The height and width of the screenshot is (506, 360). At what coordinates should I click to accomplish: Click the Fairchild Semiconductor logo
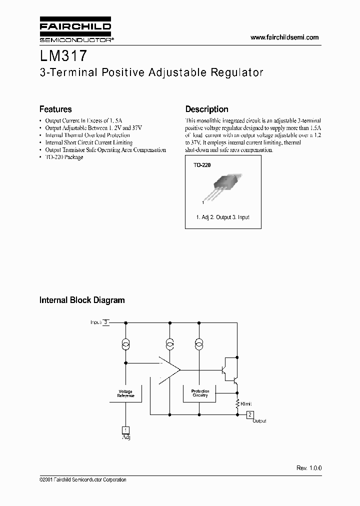tap(75, 31)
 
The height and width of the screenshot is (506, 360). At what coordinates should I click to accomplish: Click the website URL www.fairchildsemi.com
tap(284, 37)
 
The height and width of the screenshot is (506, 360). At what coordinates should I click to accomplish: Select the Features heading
tap(55, 109)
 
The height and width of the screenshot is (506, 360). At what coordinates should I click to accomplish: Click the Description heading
tap(206, 109)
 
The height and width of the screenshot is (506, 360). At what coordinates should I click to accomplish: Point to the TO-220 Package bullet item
tap(63, 157)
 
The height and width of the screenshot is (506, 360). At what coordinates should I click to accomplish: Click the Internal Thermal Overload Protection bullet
tap(87, 135)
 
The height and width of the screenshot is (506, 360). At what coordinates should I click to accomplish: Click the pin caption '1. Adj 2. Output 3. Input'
tap(222, 217)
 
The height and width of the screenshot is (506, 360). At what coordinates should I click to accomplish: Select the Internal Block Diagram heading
tap(82, 300)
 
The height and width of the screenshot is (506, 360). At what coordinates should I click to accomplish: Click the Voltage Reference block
tap(125, 393)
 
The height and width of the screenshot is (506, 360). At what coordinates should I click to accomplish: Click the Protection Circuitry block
tap(200, 393)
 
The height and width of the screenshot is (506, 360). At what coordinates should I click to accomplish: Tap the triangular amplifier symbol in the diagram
tap(169, 370)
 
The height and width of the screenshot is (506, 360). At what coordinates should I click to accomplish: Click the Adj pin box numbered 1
tap(126, 430)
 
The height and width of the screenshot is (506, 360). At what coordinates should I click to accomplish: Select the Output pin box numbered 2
tap(250, 414)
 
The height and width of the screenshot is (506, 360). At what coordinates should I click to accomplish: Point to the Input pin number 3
tap(105, 322)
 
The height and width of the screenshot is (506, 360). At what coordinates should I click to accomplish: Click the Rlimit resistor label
tap(246, 403)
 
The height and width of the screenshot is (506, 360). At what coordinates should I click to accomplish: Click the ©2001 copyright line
tap(82, 479)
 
